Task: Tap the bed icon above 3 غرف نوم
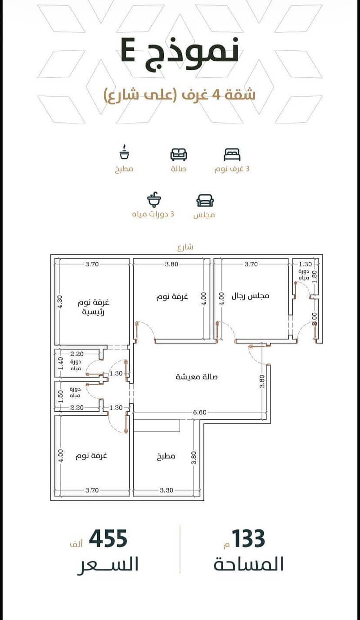tap(232, 155)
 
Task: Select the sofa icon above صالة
tap(179, 154)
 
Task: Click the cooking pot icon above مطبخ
tap(124, 152)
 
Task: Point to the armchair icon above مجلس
tap(205, 200)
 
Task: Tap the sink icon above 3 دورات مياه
tap(154, 199)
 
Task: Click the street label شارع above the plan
tap(185, 247)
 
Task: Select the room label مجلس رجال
tap(250, 296)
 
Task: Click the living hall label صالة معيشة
tap(197, 377)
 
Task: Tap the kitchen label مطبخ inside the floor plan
tap(166, 456)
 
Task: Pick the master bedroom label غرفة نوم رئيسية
tap(93, 307)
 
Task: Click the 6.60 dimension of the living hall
tap(200, 412)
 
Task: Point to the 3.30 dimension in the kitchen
tap(166, 490)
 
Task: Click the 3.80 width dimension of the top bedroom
tap(171, 264)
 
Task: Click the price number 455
tap(108, 539)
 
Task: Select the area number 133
tap(249, 539)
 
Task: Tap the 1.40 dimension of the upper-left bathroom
tap(61, 363)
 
